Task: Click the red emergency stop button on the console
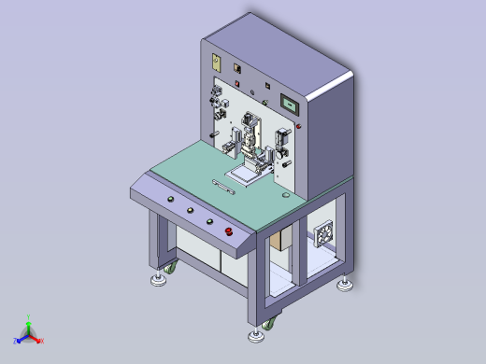coord(228,231)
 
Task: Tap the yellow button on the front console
coord(210,221)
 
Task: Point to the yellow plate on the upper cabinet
coord(215,63)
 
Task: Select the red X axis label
coord(42,341)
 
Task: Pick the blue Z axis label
coord(16,342)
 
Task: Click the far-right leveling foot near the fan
coord(346,285)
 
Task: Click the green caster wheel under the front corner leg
coord(270,323)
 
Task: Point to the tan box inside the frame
coord(279,242)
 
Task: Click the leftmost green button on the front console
coord(171,200)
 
